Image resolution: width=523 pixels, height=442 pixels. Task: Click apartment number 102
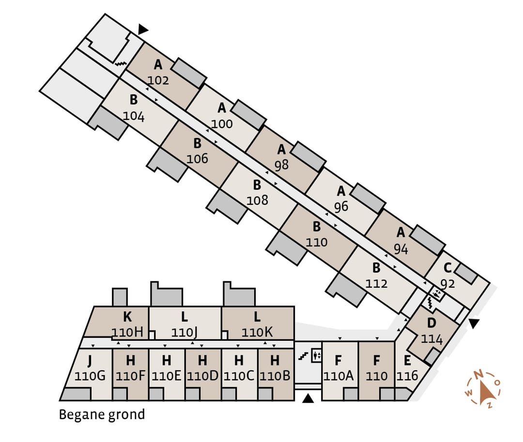tap(158, 80)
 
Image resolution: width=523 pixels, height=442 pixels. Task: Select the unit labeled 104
tap(134, 116)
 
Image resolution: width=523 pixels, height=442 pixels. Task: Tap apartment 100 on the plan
tap(222, 123)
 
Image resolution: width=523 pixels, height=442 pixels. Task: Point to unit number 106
tap(197, 158)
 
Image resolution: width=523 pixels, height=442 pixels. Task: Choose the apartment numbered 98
tap(281, 165)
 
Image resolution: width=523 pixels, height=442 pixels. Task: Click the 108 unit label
tap(257, 200)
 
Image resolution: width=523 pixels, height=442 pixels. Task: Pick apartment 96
tap(341, 207)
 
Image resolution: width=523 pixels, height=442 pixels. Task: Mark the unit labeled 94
tap(400, 249)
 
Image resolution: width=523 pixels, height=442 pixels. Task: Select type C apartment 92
tap(447, 283)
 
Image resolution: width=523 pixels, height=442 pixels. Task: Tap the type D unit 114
tap(431, 339)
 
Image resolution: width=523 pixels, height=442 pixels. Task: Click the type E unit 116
tap(407, 376)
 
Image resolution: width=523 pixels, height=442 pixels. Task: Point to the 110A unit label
tap(338, 376)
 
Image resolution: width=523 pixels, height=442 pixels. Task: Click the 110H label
tap(127, 333)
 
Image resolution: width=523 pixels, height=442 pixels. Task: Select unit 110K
tap(257, 333)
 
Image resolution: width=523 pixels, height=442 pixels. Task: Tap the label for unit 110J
tap(185, 333)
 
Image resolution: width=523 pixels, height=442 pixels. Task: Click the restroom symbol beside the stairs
tap(317, 355)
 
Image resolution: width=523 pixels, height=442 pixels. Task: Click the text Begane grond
tap(102, 415)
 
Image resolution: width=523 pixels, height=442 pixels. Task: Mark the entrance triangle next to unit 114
tap(473, 323)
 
